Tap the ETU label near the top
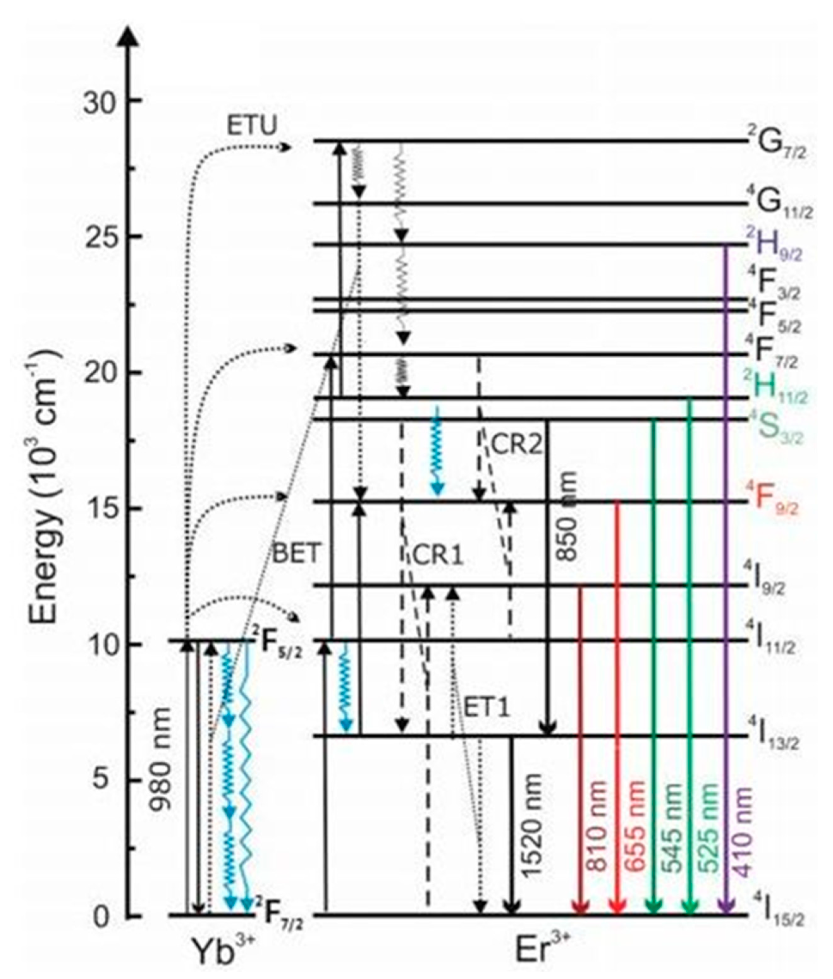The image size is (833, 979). click(x=251, y=126)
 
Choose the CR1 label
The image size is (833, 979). click(x=438, y=556)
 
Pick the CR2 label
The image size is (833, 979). click(x=517, y=444)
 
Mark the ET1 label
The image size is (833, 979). click(x=487, y=708)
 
